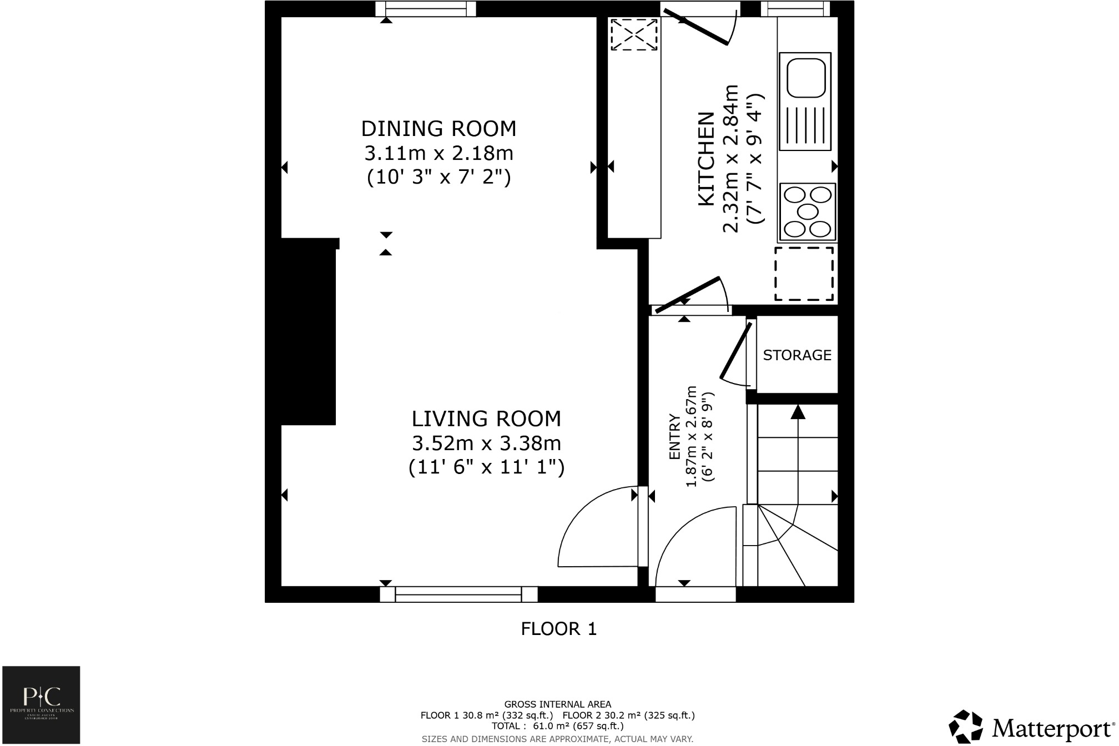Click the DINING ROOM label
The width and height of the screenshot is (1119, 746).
[438, 129]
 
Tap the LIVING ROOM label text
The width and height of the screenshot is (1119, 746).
[486, 419]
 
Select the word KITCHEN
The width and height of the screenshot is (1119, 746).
[706, 159]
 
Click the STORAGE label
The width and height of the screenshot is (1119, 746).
[797, 355]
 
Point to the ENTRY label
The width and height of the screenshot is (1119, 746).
[675, 437]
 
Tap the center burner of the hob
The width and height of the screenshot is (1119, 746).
[808, 211]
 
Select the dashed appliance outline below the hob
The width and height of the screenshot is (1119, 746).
[804, 274]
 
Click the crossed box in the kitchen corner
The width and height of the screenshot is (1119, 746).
[634, 34]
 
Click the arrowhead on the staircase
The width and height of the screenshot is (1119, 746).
[798, 412]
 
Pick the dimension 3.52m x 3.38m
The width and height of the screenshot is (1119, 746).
[486, 443]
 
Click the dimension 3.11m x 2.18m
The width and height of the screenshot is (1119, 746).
[438, 153]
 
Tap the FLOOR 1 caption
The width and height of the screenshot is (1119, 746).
[558, 629]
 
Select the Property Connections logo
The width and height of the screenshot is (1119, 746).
[41, 704]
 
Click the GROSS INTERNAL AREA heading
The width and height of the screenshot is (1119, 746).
[557, 705]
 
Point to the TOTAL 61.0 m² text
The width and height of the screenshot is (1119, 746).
[557, 726]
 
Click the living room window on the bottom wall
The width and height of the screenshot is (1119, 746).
[458, 594]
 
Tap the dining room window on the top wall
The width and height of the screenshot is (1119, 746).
[426, 8]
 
